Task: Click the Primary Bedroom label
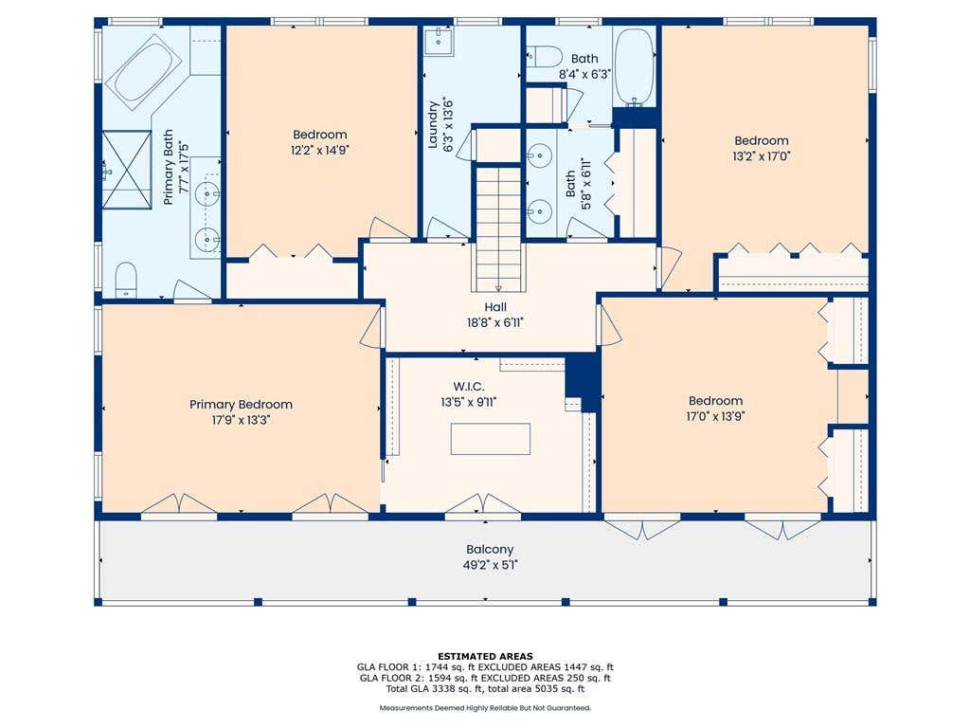(x=241, y=404)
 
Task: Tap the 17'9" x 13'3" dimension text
(x=241, y=420)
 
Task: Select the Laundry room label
(x=433, y=125)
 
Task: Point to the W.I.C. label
(x=468, y=387)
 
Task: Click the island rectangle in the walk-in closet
(x=491, y=439)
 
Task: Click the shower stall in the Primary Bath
(x=127, y=169)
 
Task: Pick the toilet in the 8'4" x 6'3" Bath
(x=544, y=56)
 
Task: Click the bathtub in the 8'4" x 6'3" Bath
(x=634, y=67)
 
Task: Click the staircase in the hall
(x=498, y=227)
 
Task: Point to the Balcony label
(x=490, y=549)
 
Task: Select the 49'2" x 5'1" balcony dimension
(x=490, y=565)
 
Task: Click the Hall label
(x=495, y=306)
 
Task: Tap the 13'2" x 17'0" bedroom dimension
(x=762, y=156)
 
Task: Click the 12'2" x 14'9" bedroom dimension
(x=320, y=150)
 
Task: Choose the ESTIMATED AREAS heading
(x=485, y=656)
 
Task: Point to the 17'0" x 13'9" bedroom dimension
(x=716, y=416)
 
